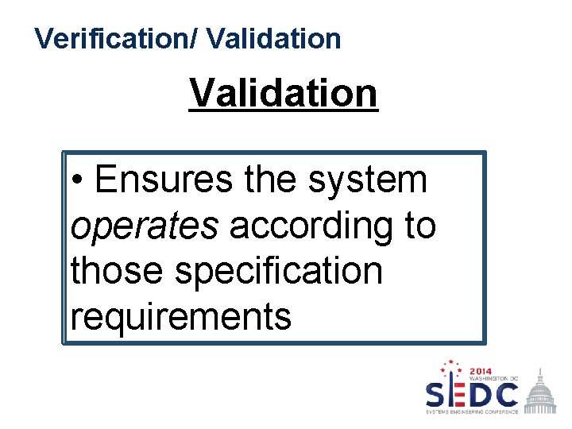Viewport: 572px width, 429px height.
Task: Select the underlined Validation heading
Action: click(283, 93)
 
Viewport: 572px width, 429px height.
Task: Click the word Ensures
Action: click(163, 180)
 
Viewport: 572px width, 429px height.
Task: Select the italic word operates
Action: click(144, 226)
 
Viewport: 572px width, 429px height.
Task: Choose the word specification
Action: click(279, 271)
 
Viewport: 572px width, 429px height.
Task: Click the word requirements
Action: click(181, 316)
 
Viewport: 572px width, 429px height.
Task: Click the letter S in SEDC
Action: click(439, 394)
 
